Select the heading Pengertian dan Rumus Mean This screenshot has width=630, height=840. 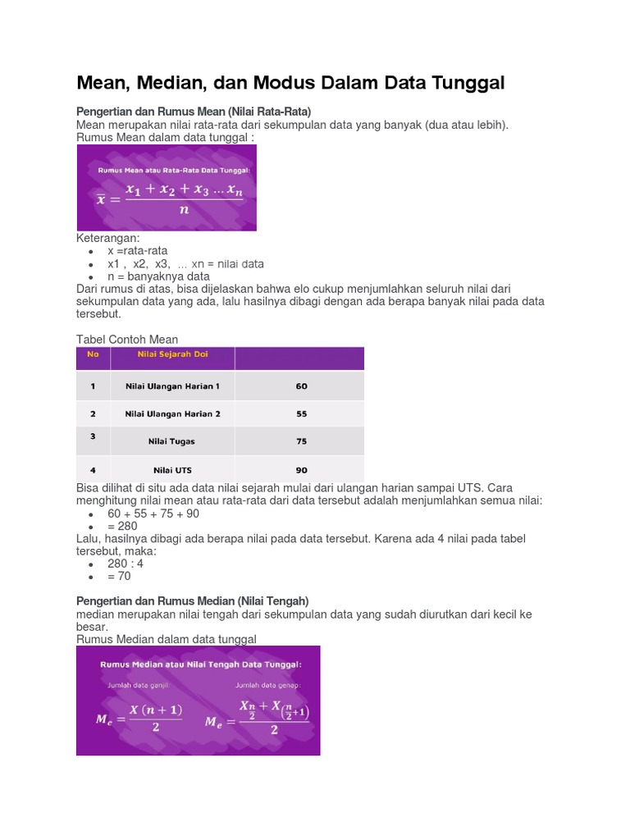coord(194,111)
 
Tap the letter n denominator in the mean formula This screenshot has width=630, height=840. coord(184,209)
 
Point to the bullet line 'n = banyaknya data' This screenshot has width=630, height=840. coord(158,276)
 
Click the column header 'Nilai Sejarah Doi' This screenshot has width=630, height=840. coord(172,354)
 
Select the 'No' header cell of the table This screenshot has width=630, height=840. coord(93,354)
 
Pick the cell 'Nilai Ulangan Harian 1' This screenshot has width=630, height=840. coord(172,386)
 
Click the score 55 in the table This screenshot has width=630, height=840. coord(302,414)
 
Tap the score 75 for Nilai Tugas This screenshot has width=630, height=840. coord(302,441)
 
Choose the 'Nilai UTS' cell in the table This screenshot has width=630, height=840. coord(172,471)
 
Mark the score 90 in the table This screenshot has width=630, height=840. coord(302,471)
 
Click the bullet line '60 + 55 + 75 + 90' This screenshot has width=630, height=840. coord(153,514)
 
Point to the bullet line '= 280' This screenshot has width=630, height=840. coord(122,526)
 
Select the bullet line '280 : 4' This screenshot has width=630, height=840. coord(126,564)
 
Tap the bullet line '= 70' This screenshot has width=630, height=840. coord(119,576)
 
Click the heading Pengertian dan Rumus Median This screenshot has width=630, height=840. coord(192,601)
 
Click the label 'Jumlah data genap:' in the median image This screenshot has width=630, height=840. coord(268,683)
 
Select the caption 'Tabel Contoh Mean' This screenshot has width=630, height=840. coord(127,339)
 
